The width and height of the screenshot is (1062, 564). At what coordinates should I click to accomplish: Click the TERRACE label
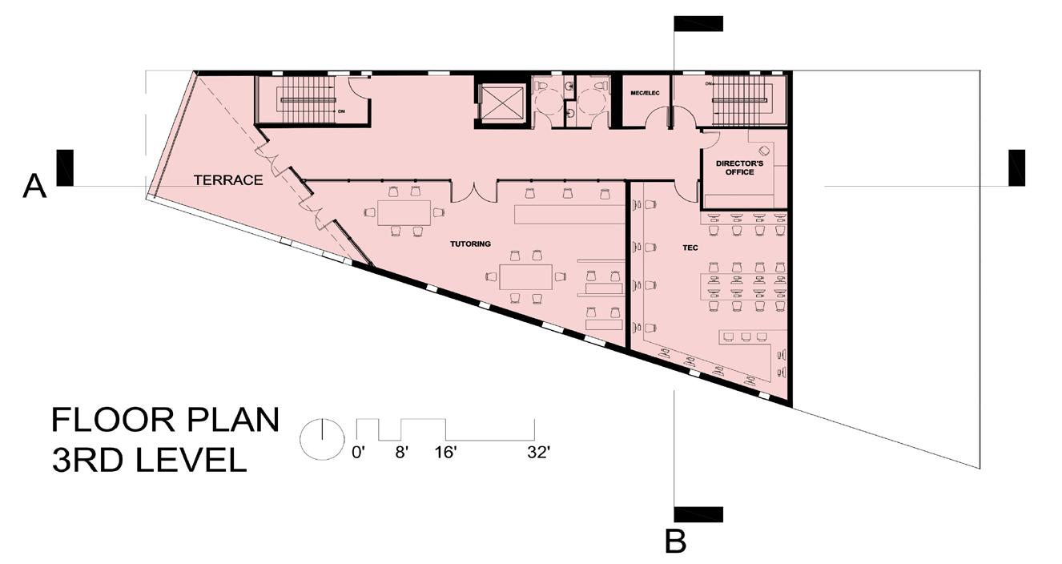pos(228,180)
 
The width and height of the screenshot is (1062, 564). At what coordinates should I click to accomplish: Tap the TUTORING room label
pos(470,244)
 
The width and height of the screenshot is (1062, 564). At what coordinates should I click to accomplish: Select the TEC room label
pos(690,248)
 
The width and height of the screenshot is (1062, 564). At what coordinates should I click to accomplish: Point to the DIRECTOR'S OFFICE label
pos(739,168)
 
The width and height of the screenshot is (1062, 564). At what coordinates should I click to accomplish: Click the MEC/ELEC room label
pos(645,93)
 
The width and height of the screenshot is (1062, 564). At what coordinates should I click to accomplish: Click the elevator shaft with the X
pos(502,103)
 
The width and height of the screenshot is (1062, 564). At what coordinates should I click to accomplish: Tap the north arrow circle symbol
pos(323,439)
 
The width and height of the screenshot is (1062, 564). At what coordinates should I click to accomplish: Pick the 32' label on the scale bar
pos(538,453)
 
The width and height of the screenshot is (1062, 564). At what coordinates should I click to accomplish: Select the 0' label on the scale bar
pos(359,453)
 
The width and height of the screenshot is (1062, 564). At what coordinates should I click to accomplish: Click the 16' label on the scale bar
pos(445,453)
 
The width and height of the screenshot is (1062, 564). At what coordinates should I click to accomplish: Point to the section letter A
pos(34,186)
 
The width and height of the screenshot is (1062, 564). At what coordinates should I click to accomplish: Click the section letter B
pos(675,542)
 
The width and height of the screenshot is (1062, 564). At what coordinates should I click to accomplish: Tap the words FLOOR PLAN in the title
pos(166,420)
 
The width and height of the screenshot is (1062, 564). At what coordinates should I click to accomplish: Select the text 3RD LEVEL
pos(149,460)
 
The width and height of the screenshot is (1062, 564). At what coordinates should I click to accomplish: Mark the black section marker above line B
pos(698,23)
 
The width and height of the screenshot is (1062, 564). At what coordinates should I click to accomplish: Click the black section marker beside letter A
pos(65,167)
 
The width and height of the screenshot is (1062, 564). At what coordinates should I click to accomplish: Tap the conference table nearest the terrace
pos(404,212)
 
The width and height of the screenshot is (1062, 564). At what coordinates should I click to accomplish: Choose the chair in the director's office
pos(763,151)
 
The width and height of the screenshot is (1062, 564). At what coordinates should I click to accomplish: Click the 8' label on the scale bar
pos(401,453)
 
